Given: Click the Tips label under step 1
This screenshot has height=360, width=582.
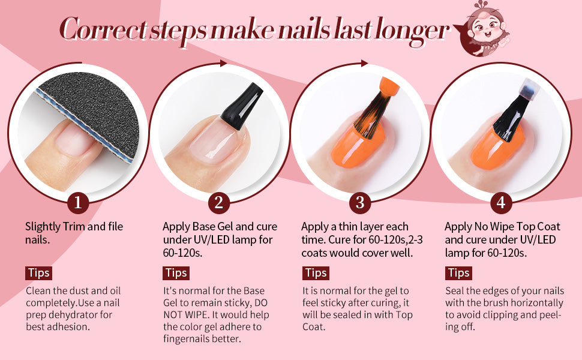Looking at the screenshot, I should [38, 273].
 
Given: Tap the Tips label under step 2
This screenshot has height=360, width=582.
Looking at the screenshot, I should [176, 273].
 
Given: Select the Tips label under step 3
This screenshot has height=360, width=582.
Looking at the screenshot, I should [316, 273].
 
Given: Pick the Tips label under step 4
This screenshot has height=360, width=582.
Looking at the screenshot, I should [458, 273].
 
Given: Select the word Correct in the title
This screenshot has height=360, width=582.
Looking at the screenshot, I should [99, 30].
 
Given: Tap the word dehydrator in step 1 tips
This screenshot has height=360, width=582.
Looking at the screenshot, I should [83, 314].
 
